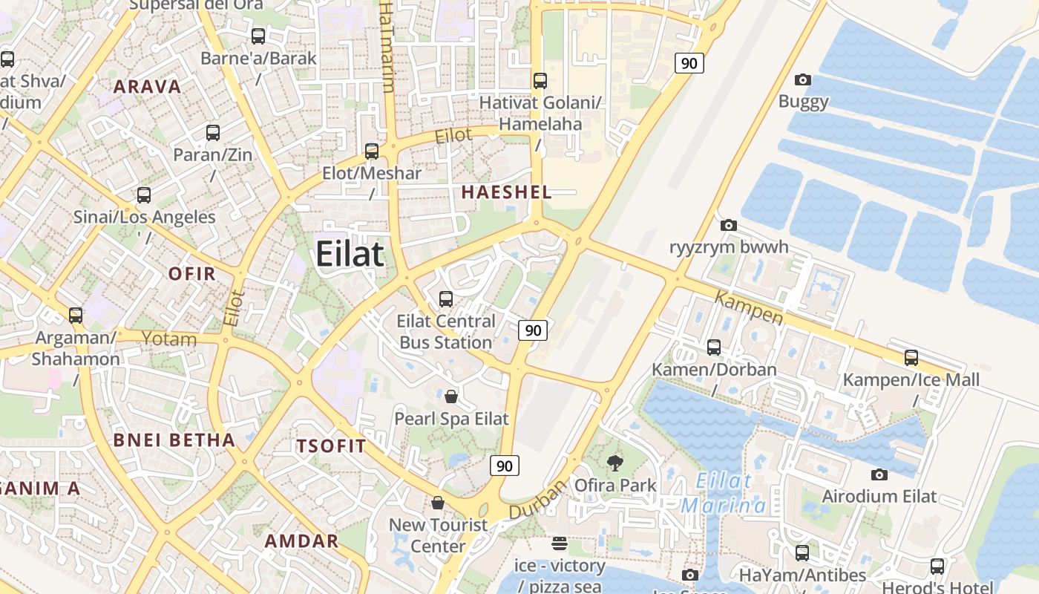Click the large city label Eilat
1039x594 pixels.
point(350,254)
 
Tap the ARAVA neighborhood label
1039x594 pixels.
point(147,86)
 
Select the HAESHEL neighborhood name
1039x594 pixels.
point(506,192)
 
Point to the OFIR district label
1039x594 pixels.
point(191,273)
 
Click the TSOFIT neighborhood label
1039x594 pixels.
point(331,446)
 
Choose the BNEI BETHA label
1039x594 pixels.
point(174,440)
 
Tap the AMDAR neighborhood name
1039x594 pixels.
point(301,541)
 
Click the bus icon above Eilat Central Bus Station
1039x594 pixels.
point(446,299)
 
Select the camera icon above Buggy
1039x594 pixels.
point(802,79)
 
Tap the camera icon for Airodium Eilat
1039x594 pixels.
point(879,474)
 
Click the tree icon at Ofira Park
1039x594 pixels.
point(614,464)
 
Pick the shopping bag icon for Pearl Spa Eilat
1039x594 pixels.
point(450,396)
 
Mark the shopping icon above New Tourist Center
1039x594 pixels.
point(438,503)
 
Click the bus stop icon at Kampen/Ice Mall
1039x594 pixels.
point(911,358)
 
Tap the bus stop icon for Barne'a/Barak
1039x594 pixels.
point(258,36)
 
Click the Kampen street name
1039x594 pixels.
point(749,307)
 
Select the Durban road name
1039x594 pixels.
point(537,500)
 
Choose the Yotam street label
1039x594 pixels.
point(169,339)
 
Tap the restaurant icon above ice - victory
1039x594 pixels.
point(560,544)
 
